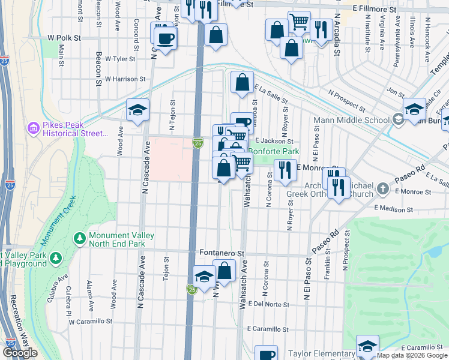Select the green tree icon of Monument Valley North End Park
[79, 239]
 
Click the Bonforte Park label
[273, 152]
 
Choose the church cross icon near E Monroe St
[383, 190]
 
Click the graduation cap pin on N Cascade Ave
[137, 110]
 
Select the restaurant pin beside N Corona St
[285, 169]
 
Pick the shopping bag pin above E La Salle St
[242, 83]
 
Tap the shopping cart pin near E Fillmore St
[298, 22]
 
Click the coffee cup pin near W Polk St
[164, 39]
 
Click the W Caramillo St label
[90, 322]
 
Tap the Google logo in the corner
[20, 353]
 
